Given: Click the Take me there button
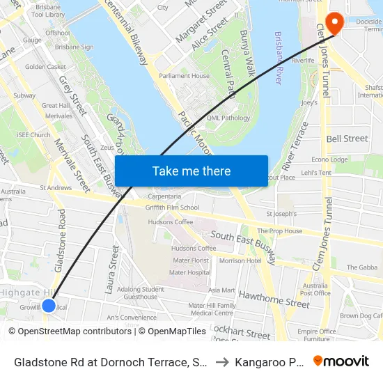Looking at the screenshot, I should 191,171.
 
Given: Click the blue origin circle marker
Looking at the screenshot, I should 49,305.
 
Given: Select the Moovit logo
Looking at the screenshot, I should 341,361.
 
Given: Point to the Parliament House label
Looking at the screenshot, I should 184,76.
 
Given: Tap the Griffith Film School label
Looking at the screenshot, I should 172,208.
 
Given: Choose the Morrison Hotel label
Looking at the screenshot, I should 240,260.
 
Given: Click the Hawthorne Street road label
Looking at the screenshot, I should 274,299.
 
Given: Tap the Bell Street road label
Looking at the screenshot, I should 347,139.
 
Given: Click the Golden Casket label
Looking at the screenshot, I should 46,67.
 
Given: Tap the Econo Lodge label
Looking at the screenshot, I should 330,159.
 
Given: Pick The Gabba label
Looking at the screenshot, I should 361,267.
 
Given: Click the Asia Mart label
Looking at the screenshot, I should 221,290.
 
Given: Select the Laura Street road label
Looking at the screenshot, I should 113,267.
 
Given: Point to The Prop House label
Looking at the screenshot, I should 280,231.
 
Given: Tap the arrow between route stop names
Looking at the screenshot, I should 221,362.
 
